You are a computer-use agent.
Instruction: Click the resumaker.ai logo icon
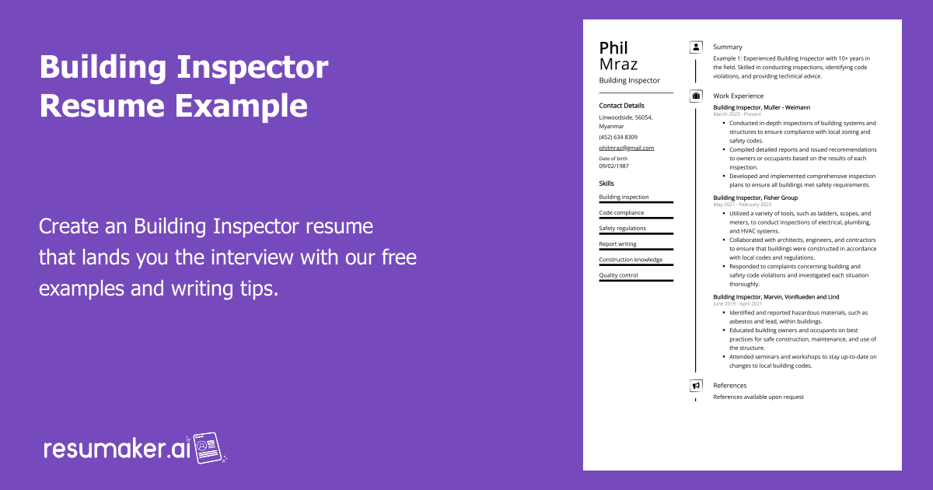[208, 448]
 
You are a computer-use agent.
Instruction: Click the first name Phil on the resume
[613, 48]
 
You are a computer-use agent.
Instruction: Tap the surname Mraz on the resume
[618, 64]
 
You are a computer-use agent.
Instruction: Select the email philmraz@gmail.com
[626, 148]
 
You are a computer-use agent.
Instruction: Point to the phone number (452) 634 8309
[618, 137]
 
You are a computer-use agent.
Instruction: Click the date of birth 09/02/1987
[613, 166]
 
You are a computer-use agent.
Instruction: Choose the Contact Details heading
[621, 105]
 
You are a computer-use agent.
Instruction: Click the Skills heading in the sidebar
[606, 184]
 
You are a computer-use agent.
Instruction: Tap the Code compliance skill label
[621, 213]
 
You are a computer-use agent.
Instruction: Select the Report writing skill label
[617, 244]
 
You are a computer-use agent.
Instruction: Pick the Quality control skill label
[618, 275]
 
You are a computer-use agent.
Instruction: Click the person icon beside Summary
[696, 47]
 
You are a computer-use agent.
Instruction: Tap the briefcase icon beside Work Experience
[696, 96]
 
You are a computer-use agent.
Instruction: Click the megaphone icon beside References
[696, 385]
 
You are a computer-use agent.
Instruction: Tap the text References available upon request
[758, 397]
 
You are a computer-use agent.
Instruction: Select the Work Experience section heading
[738, 96]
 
